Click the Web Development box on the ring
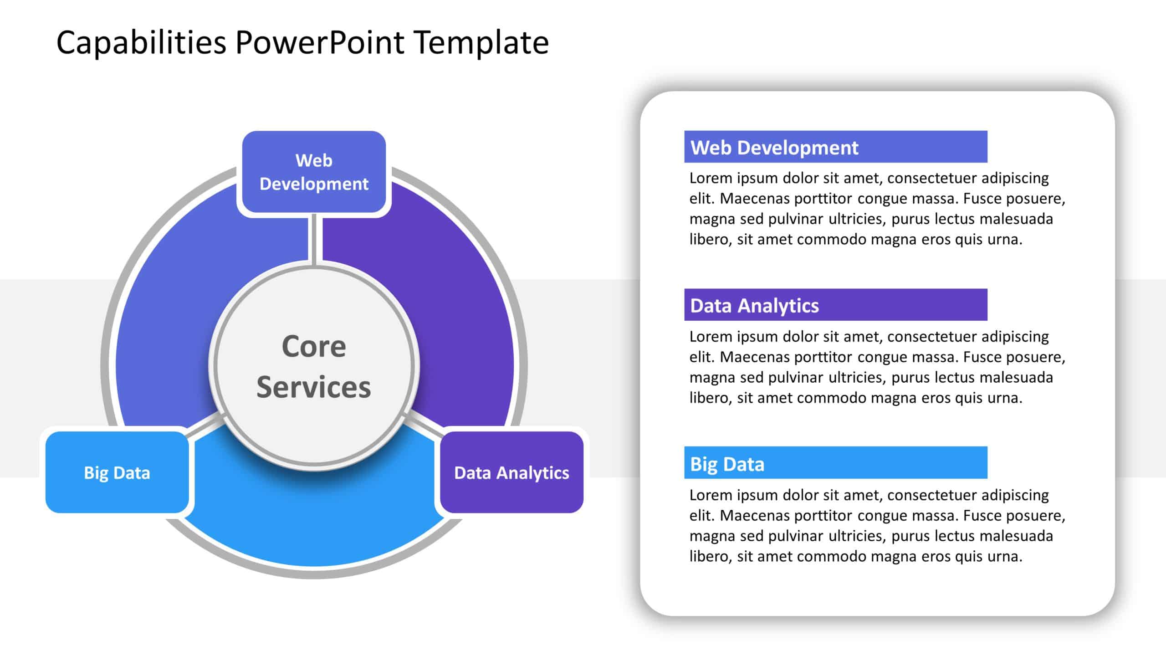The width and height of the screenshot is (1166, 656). pyautogui.click(x=314, y=172)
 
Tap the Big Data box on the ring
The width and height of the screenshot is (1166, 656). pyautogui.click(x=117, y=472)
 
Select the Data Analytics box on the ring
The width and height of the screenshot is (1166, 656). pyautogui.click(x=511, y=472)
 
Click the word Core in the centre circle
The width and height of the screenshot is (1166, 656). pyautogui.click(x=314, y=346)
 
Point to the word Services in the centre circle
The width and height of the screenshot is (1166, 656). pyautogui.click(x=314, y=387)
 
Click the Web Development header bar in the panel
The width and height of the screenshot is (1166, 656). pyautogui.click(x=835, y=147)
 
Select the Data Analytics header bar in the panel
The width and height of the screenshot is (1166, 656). pyautogui.click(x=835, y=305)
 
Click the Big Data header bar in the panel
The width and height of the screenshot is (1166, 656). pyautogui.click(x=835, y=463)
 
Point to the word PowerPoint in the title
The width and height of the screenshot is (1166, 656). pyautogui.click(x=320, y=43)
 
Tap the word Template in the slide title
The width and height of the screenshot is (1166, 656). pyautogui.click(x=481, y=43)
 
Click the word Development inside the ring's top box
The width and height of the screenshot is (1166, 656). pyautogui.click(x=314, y=184)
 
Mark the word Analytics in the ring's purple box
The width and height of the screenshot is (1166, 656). pyautogui.click(x=532, y=473)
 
